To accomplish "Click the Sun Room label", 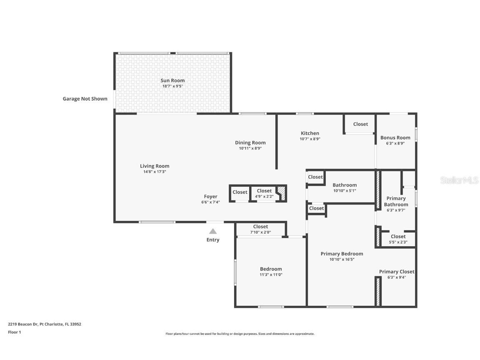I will (172, 80).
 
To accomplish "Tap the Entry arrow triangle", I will (213, 231).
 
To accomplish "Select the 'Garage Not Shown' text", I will (85, 99).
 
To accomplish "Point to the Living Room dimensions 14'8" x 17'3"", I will (155, 172).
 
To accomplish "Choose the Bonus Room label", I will (395, 137).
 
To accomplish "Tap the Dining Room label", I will (250, 142).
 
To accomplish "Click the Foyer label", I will (210, 197).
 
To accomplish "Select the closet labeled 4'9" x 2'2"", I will (264, 193).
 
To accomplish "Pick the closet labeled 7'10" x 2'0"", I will (260, 229).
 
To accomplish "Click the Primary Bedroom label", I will (342, 254).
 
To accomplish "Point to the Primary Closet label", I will (396, 272).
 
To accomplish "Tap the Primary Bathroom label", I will (396, 201).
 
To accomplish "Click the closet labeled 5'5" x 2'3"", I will (398, 239).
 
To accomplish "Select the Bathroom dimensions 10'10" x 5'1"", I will (345, 190).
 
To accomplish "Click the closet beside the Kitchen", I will (360, 124).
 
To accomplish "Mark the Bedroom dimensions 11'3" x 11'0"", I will (271, 275).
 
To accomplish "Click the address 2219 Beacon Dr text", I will (45, 324).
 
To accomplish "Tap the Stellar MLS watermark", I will (459, 180).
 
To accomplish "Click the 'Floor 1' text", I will (14, 332).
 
